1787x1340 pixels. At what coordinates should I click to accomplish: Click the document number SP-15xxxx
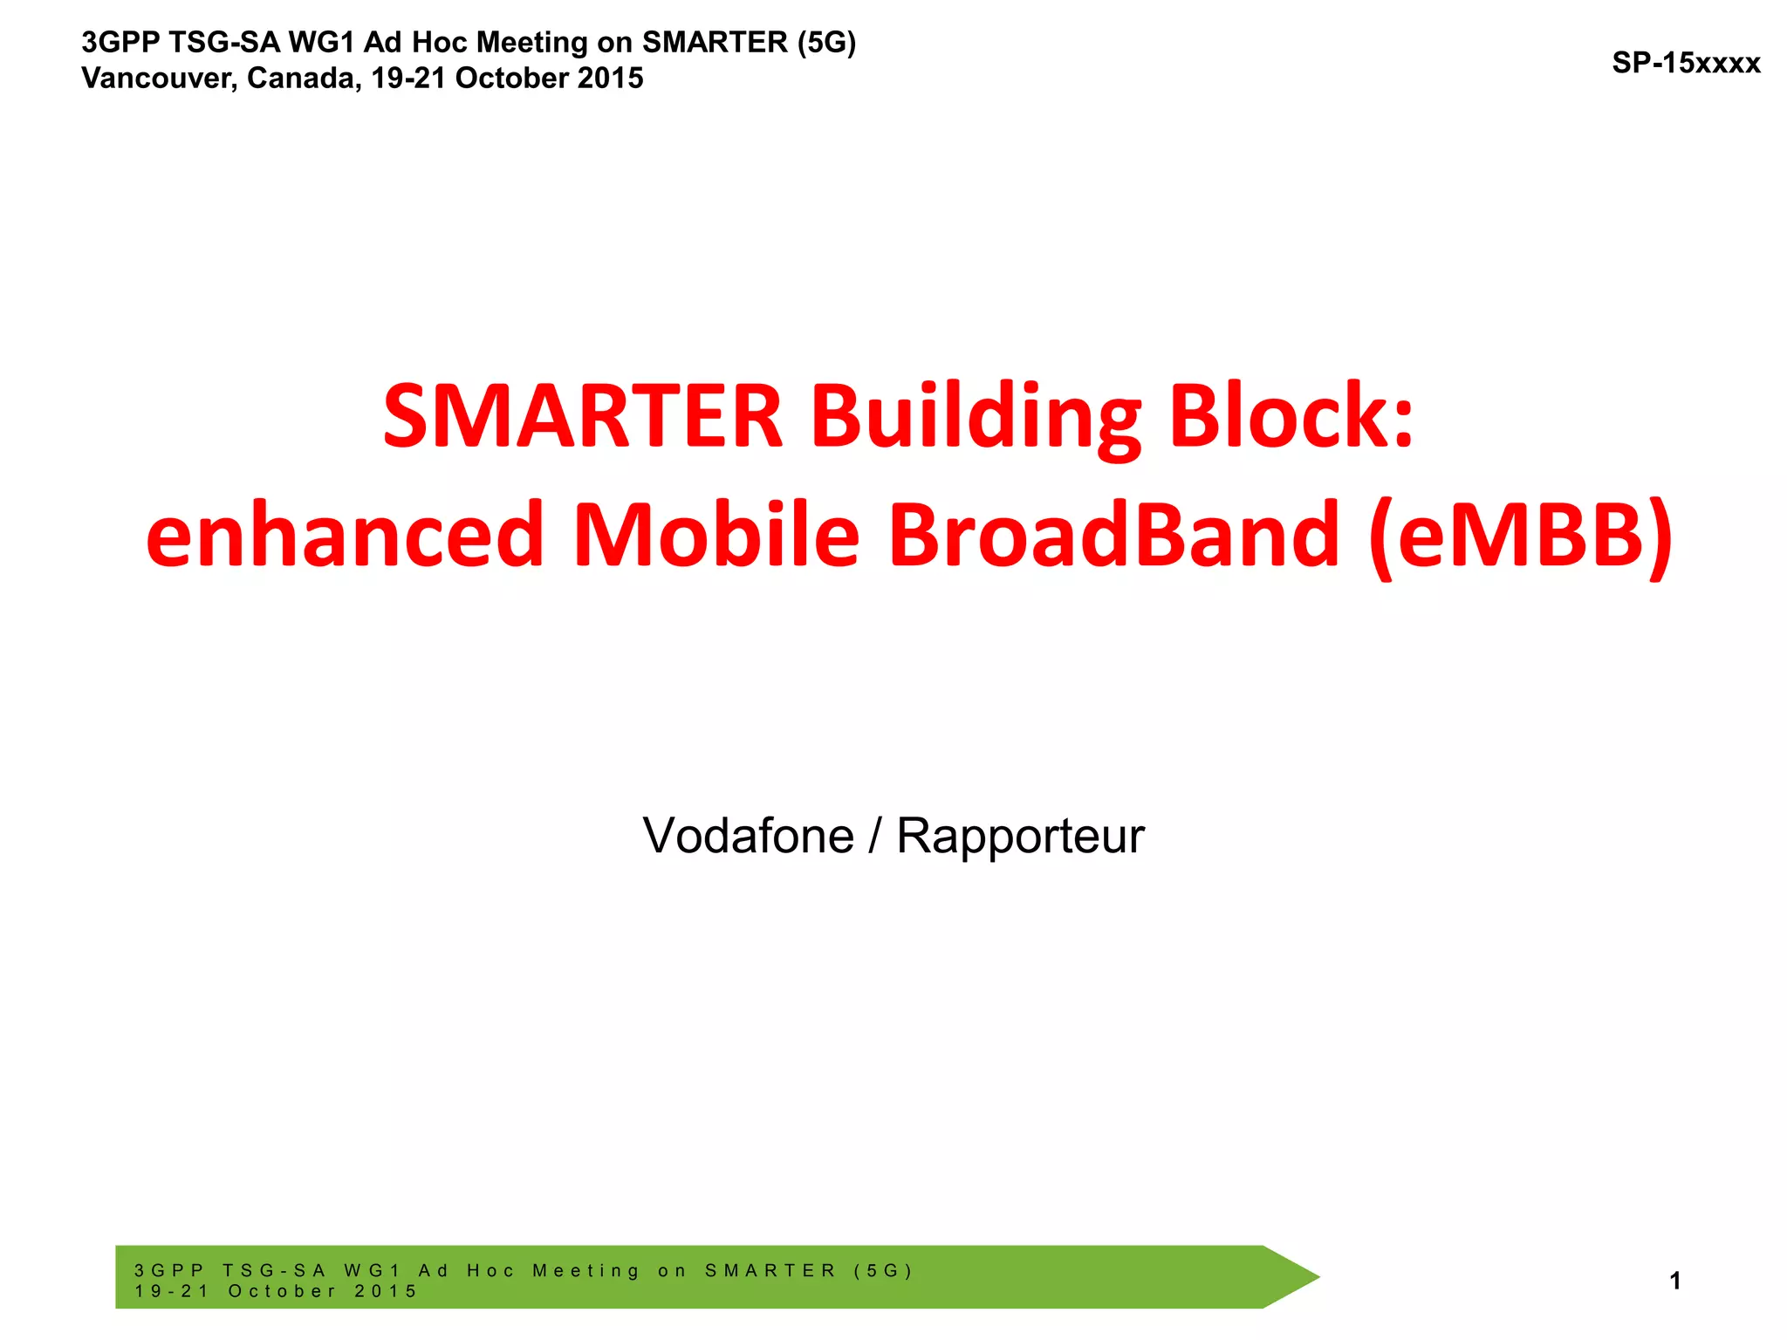1685,63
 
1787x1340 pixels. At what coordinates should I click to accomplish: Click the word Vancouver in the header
157,79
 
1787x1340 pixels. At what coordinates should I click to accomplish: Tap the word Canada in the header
303,79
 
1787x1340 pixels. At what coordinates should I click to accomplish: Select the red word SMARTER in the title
583,417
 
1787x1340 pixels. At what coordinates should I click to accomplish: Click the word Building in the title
976,417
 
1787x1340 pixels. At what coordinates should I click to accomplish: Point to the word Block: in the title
1291,417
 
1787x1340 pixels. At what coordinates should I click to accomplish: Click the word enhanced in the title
346,535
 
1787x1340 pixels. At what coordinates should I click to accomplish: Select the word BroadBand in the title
1113,535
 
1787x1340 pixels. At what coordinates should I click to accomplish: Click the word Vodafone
748,836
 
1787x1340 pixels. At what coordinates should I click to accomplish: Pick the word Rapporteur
1020,836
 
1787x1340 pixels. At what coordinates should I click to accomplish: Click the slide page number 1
1674,1281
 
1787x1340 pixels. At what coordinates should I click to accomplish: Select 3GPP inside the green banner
169,1270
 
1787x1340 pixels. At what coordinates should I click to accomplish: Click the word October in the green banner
282,1291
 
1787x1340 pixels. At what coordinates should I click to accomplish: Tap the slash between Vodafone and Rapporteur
875,836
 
